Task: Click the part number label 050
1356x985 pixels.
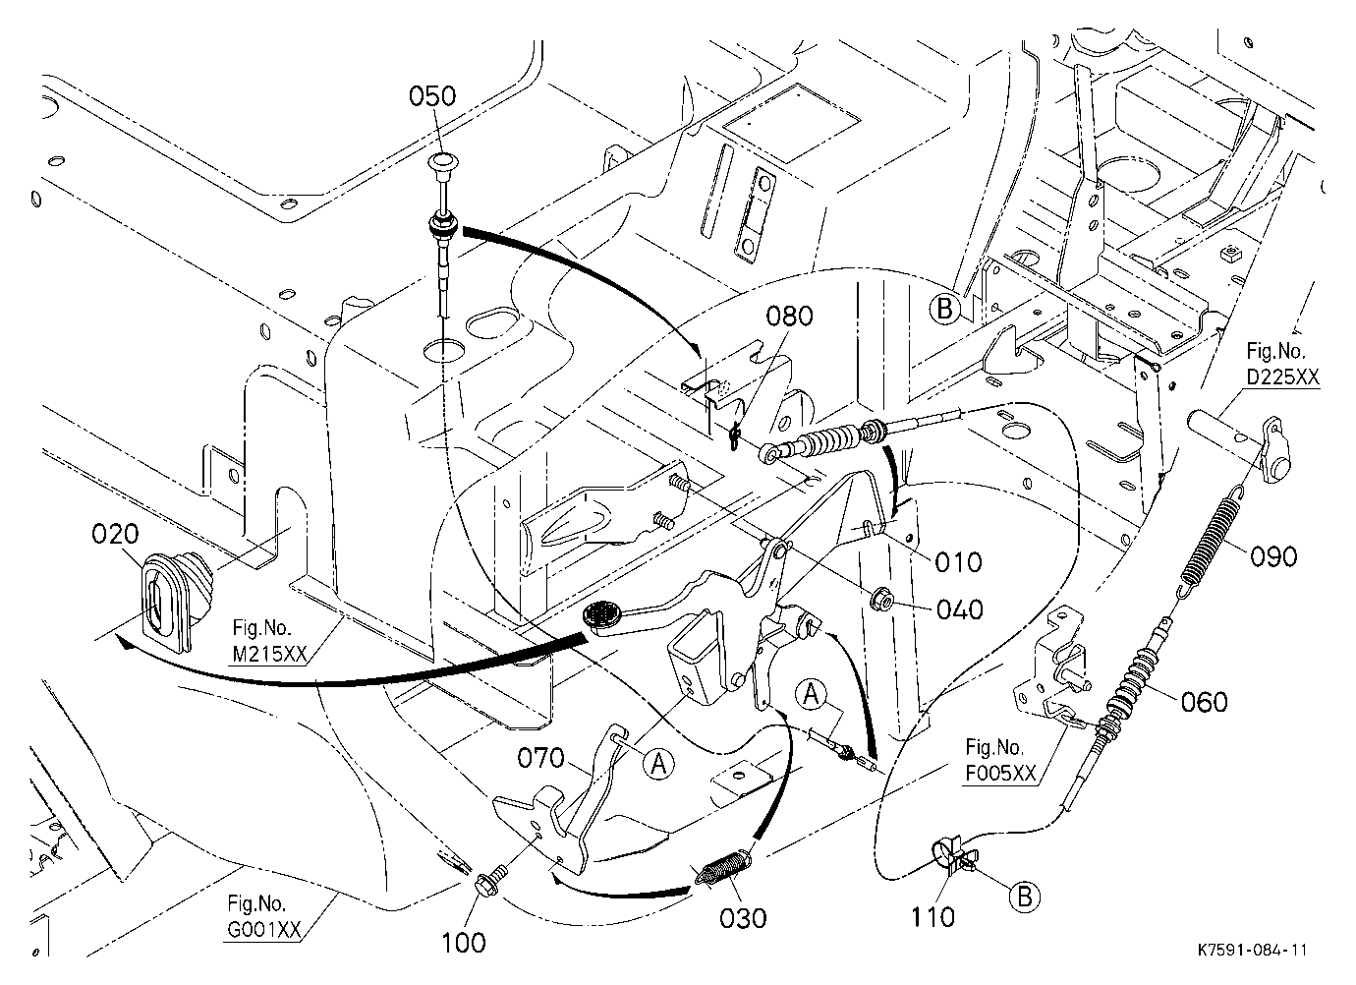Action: point(431,96)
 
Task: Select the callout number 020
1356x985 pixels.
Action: point(115,534)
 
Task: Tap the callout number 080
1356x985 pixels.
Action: point(789,316)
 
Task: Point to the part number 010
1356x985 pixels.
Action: point(959,562)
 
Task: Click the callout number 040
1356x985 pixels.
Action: point(959,608)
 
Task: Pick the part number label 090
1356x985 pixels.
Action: point(1273,556)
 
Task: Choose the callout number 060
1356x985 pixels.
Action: point(1204,702)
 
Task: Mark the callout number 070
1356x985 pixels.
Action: point(540,757)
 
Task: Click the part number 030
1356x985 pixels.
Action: point(743,918)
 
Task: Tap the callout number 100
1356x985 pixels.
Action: point(463,943)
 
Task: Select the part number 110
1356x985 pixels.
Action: point(932,917)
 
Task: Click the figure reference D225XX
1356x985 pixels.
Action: point(1282,377)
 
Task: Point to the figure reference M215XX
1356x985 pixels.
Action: point(269,654)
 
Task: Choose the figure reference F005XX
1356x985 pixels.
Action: point(1000,773)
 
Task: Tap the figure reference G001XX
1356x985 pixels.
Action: point(264,929)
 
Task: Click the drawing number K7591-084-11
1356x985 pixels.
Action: point(1252,950)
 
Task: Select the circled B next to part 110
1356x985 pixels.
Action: point(1024,896)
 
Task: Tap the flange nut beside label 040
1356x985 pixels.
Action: point(882,599)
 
